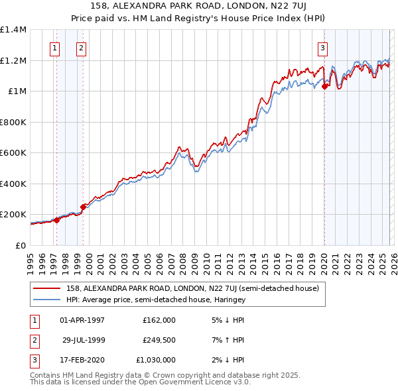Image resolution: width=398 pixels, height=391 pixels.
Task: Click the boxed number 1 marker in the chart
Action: (54, 47)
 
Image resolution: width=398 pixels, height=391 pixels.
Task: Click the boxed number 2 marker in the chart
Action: (81, 47)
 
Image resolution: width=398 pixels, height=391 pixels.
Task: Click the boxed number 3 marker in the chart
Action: (322, 47)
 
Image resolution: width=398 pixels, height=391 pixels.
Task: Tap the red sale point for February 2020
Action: (324, 86)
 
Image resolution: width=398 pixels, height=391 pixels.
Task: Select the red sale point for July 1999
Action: (84, 207)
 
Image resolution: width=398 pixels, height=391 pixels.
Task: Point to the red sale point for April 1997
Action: (56, 221)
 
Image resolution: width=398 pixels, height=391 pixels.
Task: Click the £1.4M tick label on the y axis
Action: (13, 30)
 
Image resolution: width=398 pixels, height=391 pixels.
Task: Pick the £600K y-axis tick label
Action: (13, 153)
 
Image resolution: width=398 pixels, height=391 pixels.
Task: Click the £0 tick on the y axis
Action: (20, 245)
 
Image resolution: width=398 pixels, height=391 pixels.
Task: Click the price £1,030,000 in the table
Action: (159, 360)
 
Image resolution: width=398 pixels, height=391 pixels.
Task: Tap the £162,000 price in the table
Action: (159, 320)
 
